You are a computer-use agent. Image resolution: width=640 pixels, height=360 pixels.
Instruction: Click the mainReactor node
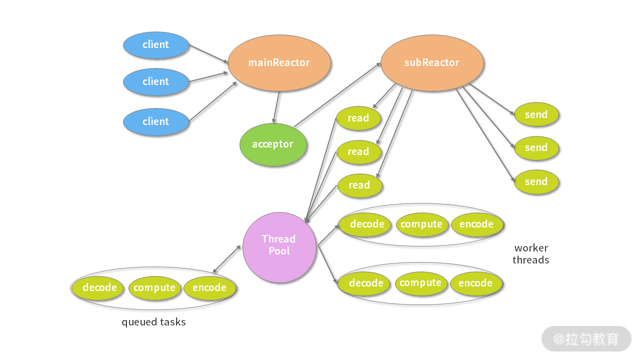tap(279, 63)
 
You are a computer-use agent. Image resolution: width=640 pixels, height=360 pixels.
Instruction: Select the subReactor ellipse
tap(432, 63)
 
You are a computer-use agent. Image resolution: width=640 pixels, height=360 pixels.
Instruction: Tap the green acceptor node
tap(272, 144)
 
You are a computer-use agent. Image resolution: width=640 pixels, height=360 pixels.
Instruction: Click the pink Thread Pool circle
tap(279, 245)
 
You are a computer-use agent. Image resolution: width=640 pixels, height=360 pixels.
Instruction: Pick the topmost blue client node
tap(156, 45)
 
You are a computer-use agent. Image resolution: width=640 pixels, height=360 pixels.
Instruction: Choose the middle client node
tap(156, 82)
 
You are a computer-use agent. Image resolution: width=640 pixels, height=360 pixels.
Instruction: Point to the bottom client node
tap(156, 121)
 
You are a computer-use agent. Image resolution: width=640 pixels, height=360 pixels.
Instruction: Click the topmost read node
tap(358, 118)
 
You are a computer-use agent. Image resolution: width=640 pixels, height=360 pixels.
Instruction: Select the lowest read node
tap(359, 185)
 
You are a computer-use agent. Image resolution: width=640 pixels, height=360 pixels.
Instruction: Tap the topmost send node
tap(536, 115)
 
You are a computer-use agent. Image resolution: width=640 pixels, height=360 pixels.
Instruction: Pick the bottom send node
tap(536, 182)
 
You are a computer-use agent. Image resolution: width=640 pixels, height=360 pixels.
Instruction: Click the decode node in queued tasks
tap(100, 288)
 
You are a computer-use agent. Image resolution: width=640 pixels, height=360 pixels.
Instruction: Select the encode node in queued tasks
tap(209, 288)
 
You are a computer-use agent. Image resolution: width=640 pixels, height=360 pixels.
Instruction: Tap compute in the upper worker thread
tap(421, 224)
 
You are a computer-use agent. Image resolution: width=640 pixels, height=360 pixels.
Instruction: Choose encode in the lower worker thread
tap(475, 283)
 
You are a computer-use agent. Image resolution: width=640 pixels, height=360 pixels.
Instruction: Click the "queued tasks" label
tap(153, 322)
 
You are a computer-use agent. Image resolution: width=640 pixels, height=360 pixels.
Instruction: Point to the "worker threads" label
tap(531, 254)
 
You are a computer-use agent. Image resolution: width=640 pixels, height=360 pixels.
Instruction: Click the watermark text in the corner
tap(586, 339)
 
